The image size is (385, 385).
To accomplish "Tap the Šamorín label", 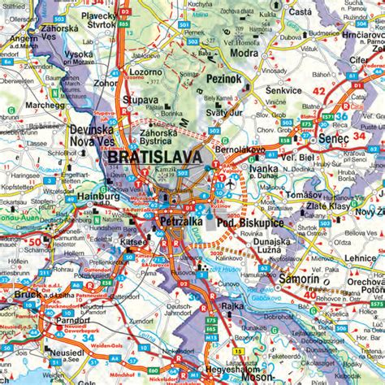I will tap(300, 279).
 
